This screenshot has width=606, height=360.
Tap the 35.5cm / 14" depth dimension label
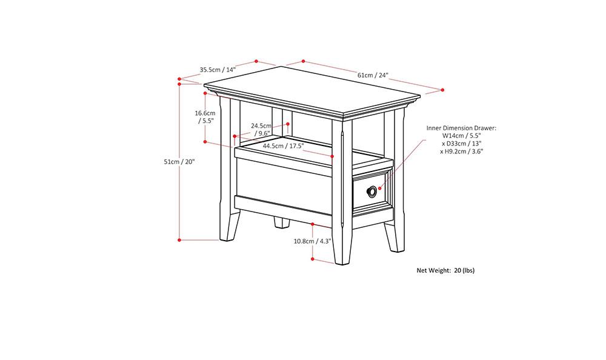218,69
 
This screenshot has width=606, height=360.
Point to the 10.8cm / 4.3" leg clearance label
313,241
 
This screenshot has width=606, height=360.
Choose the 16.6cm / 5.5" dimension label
205,116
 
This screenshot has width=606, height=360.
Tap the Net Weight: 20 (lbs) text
445,270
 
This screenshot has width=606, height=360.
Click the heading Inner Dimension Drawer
461,128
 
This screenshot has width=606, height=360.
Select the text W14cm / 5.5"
462,136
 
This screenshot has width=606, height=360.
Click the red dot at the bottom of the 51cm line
179,240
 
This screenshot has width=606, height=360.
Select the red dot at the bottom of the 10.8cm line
313,259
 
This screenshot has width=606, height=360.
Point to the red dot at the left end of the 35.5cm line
180,79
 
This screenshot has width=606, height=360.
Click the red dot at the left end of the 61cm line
302,61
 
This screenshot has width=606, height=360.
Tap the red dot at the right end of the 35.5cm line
256,61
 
